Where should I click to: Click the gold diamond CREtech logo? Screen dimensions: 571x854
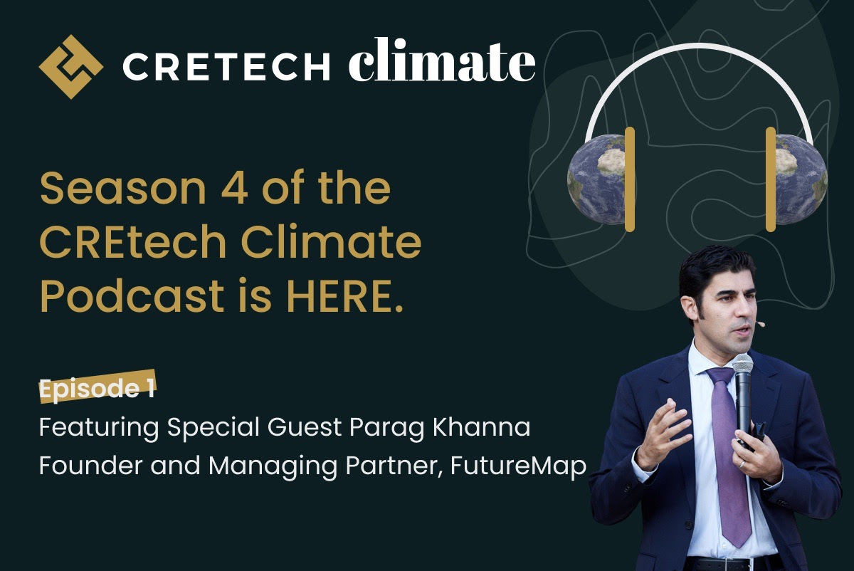pyautogui.click(x=70, y=66)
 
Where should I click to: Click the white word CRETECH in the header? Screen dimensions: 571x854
pyautogui.click(x=226, y=67)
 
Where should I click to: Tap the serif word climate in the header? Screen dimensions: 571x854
pyautogui.click(x=441, y=64)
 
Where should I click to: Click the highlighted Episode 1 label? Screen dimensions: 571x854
pyautogui.click(x=97, y=389)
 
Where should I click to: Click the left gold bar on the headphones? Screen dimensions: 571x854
pyautogui.click(x=629, y=179)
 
